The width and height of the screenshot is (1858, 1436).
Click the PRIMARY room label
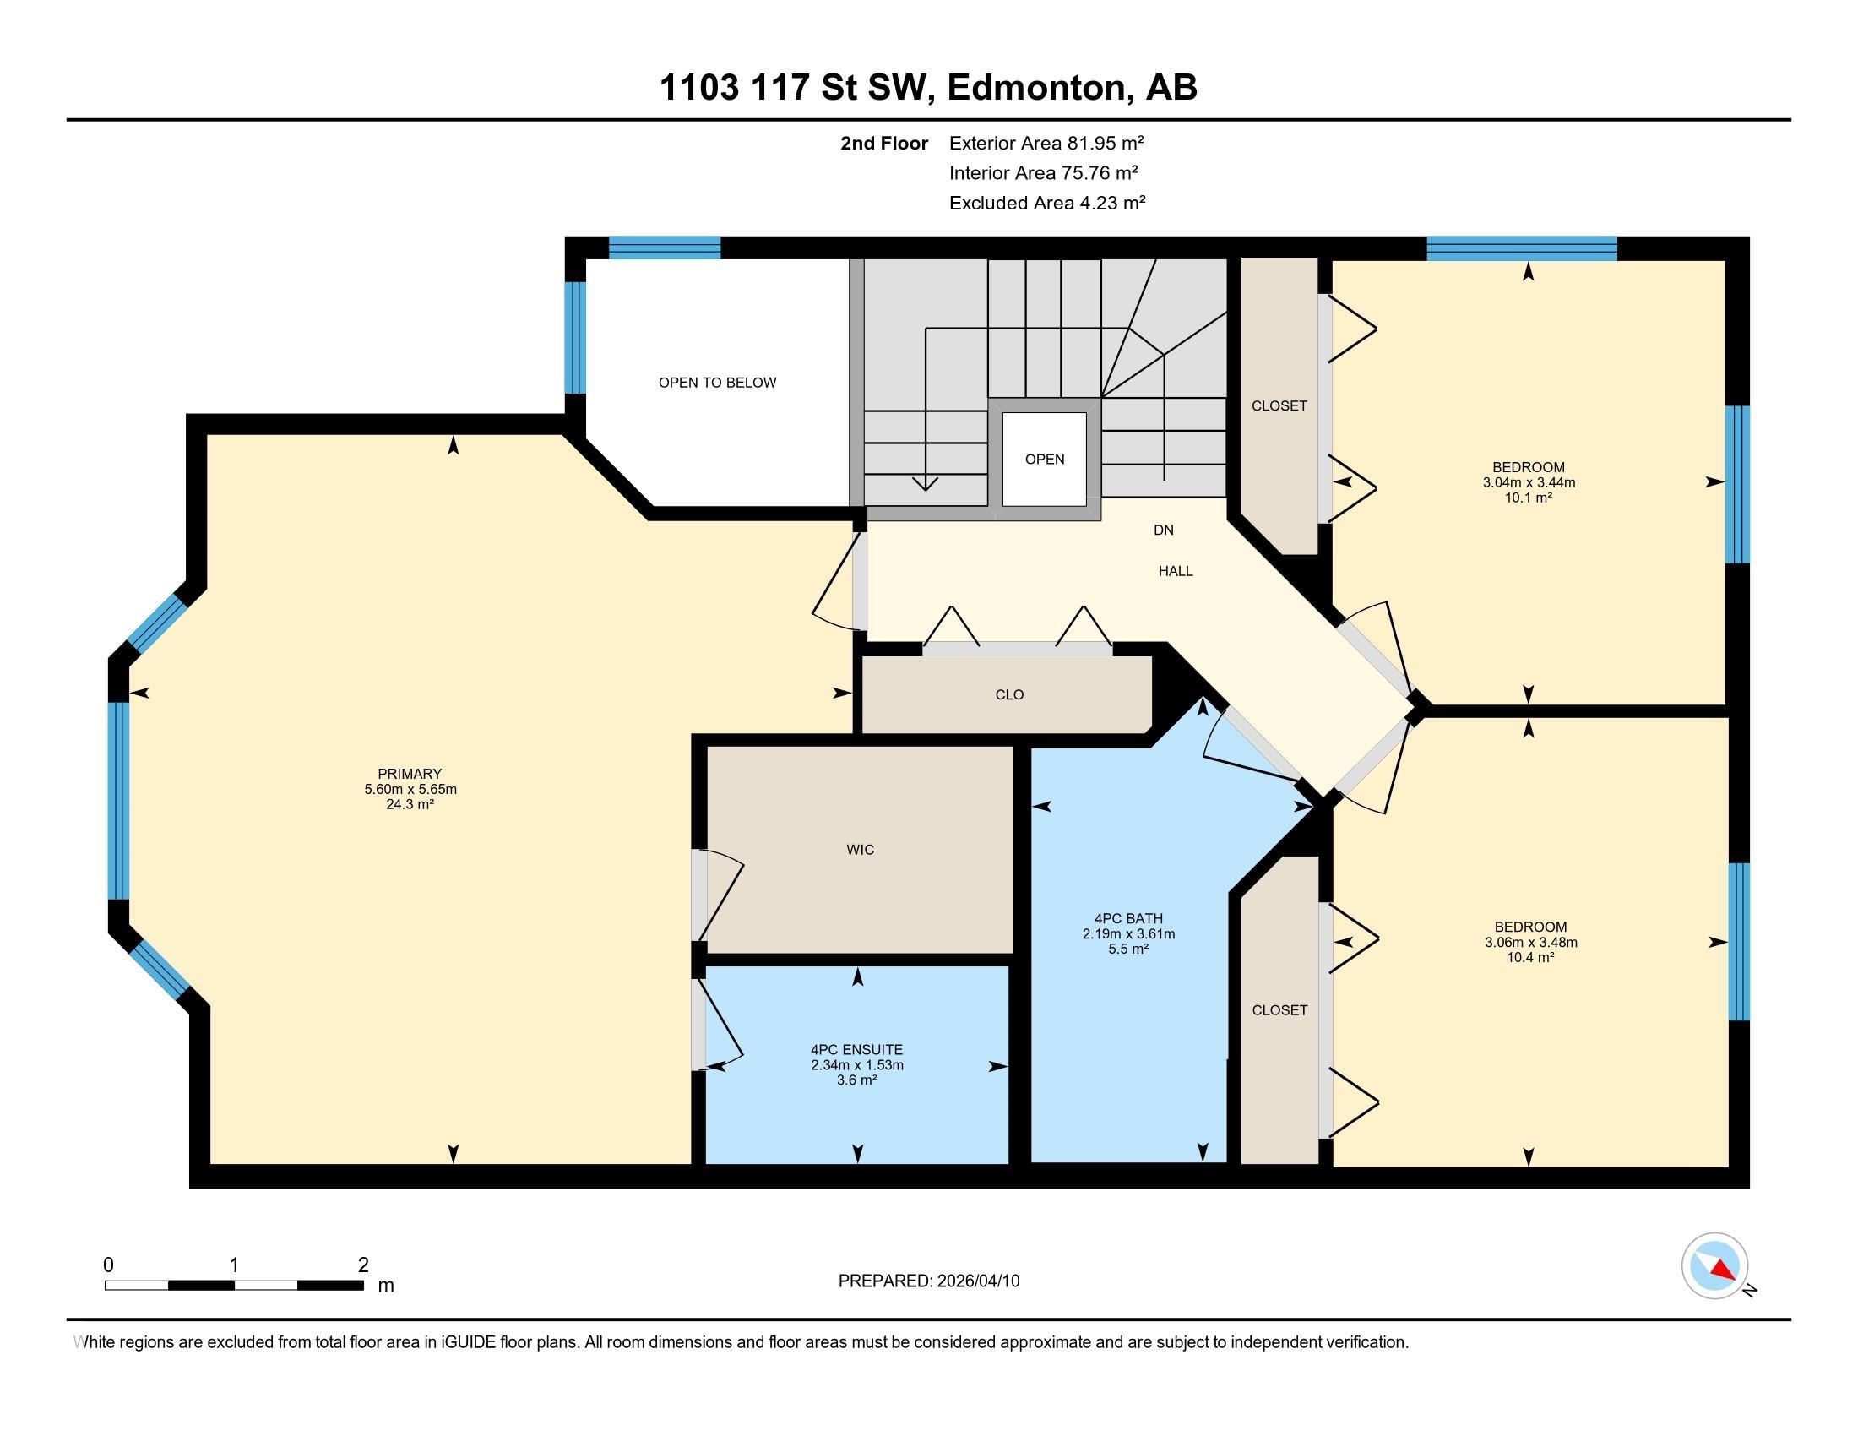point(410,773)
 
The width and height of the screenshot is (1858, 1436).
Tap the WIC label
point(860,849)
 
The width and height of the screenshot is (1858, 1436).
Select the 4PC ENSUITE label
point(856,1050)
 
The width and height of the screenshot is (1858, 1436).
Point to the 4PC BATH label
point(1128,918)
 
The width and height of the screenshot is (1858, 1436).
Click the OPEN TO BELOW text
point(717,383)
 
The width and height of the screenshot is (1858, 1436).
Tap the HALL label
point(1176,571)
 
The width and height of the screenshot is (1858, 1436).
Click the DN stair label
point(1164,530)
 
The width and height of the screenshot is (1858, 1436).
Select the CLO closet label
point(1009,694)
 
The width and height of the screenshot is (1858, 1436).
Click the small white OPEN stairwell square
point(1045,460)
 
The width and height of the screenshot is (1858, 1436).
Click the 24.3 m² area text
point(410,803)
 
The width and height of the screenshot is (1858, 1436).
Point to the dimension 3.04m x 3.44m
point(1529,482)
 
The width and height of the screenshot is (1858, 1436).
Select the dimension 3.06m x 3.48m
point(1530,942)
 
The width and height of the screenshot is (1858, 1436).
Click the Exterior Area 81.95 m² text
point(1046,143)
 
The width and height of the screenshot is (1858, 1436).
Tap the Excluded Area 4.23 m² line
point(1047,203)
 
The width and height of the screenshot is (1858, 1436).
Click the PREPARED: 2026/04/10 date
point(929,1281)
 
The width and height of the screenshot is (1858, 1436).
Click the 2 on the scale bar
point(363,1265)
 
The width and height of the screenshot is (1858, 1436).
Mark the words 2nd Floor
point(884,143)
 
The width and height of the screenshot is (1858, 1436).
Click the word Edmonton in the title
point(1038,87)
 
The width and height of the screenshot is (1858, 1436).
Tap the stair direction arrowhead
point(925,484)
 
